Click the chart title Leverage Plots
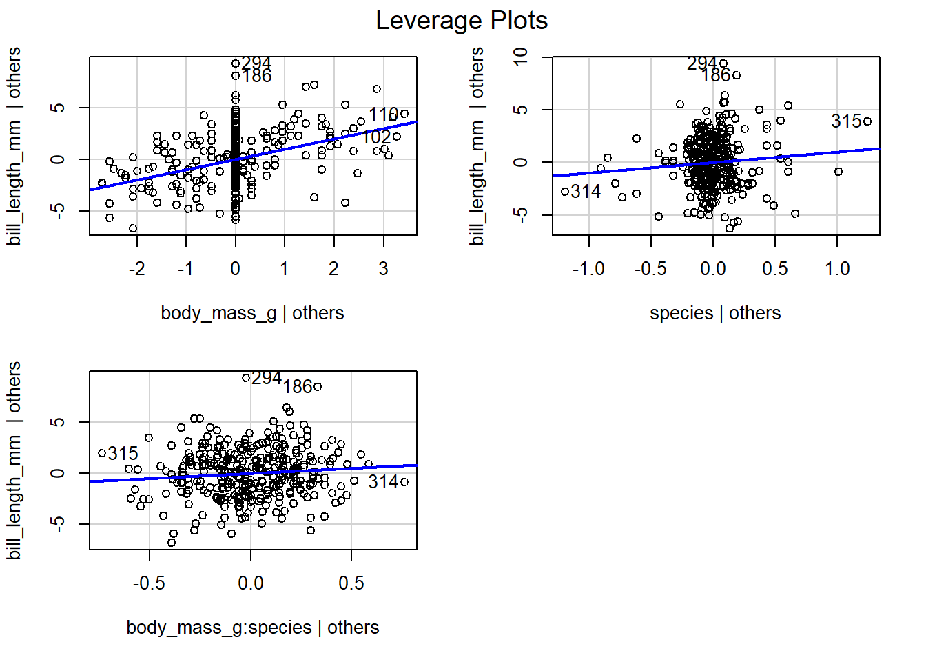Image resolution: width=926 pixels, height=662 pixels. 462,21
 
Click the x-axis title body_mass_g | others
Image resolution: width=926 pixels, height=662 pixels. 252,313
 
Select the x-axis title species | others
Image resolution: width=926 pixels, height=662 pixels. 715,313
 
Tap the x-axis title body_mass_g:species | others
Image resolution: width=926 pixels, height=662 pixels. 252,628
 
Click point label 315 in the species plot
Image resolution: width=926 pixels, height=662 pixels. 846,121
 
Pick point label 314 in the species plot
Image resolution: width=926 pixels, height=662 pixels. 586,192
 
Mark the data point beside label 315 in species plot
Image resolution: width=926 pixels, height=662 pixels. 867,121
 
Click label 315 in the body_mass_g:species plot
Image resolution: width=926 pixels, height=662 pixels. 123,454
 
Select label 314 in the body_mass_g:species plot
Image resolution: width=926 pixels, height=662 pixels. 383,482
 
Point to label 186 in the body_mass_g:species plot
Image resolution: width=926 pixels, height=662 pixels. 298,387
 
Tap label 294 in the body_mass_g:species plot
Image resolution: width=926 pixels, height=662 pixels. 267,378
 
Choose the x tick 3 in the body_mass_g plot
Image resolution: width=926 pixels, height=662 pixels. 383,269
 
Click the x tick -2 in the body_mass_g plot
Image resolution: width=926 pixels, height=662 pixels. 137,269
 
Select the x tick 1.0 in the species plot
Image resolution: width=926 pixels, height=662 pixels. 837,269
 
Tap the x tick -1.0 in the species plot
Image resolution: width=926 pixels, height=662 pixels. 588,269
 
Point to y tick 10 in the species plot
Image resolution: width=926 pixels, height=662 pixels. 521,57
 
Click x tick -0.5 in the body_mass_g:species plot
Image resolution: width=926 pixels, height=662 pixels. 149,583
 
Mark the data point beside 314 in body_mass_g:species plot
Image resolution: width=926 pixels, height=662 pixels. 404,482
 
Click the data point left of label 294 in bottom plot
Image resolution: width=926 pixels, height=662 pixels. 246,378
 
